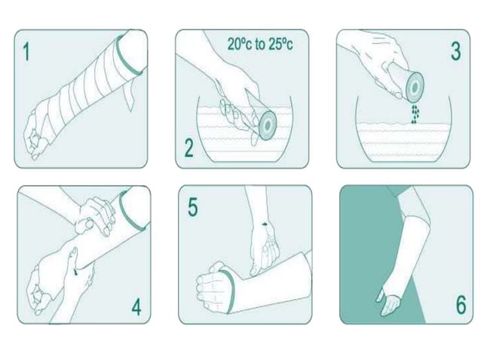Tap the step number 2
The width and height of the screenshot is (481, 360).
tap(188, 146)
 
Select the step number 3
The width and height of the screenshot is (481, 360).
tap(455, 51)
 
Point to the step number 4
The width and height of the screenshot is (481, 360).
tap(136, 307)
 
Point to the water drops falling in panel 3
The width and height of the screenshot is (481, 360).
tap(414, 113)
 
